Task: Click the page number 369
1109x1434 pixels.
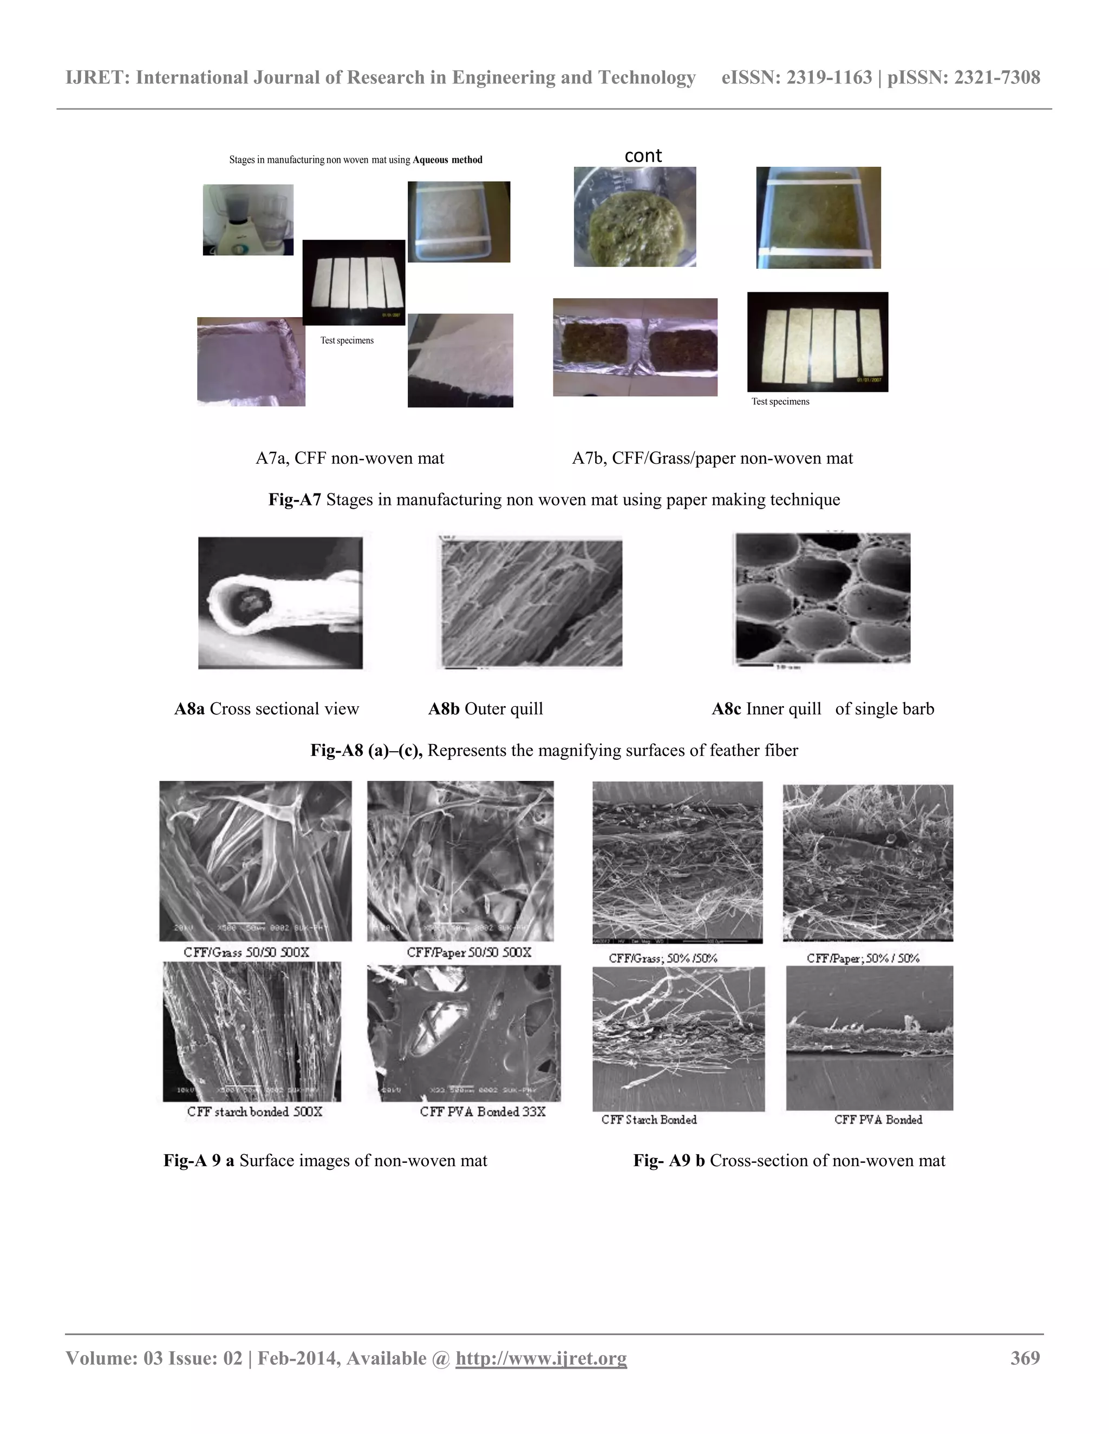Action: [1025, 1358]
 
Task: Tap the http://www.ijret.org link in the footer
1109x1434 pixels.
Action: [541, 1358]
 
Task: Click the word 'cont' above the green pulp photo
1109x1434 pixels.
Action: [643, 156]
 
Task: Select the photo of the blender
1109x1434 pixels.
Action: [247, 219]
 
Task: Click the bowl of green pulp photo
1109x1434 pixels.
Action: [635, 216]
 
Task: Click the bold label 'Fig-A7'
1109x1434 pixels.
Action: [295, 499]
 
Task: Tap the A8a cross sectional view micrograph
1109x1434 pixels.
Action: [280, 603]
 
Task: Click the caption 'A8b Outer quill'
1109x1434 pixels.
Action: [486, 709]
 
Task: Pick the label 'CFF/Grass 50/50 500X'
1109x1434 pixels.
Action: [246, 952]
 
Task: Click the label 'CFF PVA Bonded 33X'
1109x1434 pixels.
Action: [482, 1111]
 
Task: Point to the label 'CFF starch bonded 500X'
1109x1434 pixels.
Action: [255, 1111]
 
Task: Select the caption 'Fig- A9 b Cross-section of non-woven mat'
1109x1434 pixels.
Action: [789, 1160]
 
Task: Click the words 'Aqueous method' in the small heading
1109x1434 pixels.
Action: [447, 160]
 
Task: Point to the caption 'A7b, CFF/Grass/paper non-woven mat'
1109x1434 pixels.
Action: [712, 458]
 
